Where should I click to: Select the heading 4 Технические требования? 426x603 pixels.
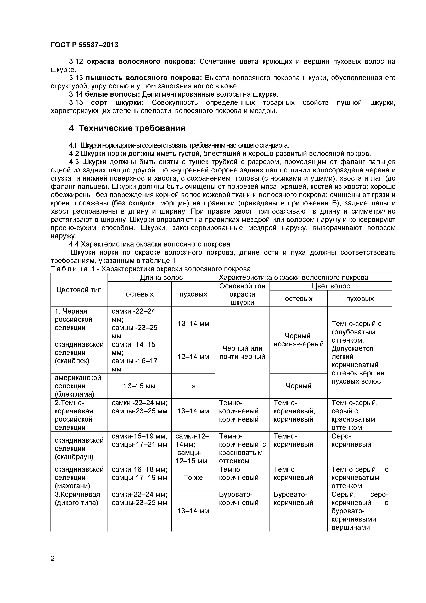click(127, 128)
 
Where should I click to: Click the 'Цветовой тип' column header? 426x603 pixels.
click(79, 290)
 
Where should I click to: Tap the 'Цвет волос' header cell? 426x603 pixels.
click(331, 286)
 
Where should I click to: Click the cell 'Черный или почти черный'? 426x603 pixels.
click(242, 352)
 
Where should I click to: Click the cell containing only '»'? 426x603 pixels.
click(193, 386)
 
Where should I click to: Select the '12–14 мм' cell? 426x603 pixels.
click(193, 357)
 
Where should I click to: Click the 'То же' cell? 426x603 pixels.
click(193, 478)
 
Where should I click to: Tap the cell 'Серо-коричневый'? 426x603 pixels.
click(351, 440)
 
